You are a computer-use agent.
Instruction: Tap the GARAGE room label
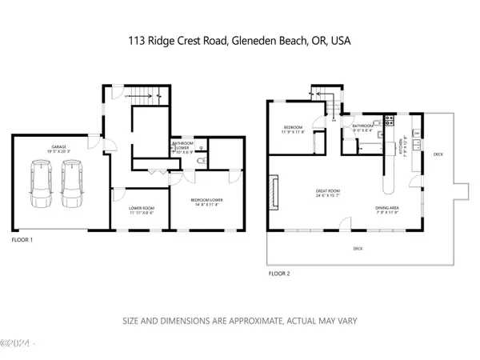point(58,147)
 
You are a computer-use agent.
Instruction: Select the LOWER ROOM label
point(142,210)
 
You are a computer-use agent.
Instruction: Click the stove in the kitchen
point(389,121)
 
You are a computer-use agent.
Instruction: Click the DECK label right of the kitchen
point(438,154)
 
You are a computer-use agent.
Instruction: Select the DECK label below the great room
point(358,249)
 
